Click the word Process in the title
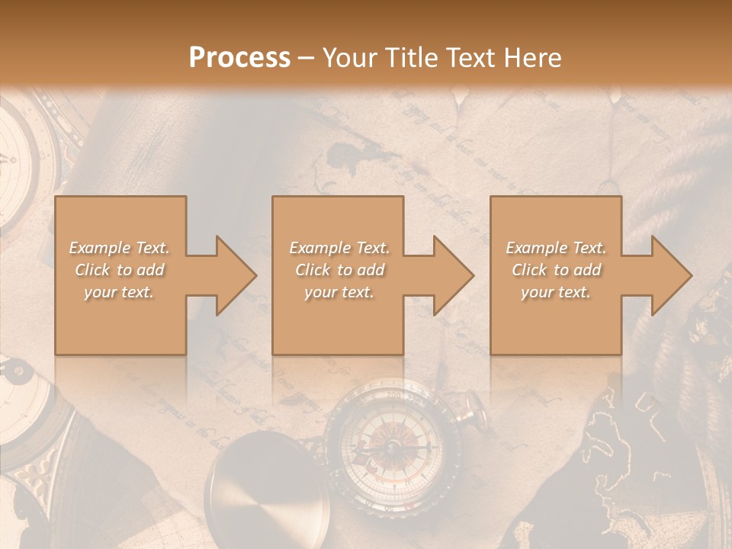[x=239, y=58]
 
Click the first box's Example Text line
[x=119, y=248]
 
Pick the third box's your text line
[x=555, y=292]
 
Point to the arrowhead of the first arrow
[x=236, y=275]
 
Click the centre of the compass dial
[x=391, y=446]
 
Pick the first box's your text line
[x=119, y=292]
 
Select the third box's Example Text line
[x=555, y=248]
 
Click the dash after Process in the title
[x=307, y=58]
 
